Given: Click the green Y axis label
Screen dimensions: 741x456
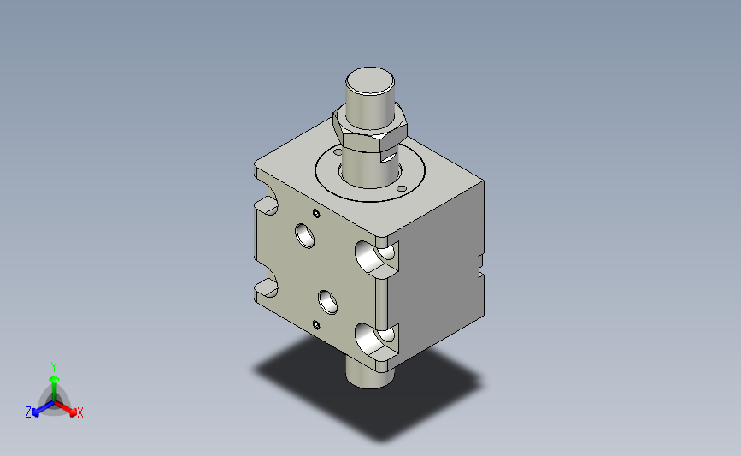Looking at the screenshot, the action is (54, 367).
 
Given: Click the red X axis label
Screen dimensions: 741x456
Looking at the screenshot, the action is (80, 412).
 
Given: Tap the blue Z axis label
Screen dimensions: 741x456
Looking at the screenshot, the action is (28, 412).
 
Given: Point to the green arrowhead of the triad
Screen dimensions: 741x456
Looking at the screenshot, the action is (55, 379).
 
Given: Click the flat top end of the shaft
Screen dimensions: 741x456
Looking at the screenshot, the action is (370, 81).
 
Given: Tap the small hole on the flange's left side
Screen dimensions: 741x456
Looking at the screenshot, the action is (338, 151).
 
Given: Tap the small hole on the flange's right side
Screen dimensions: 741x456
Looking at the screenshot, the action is (402, 189).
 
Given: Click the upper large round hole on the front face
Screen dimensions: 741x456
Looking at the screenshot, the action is (305, 235).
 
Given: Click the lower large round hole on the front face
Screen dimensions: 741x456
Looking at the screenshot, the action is (328, 302).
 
